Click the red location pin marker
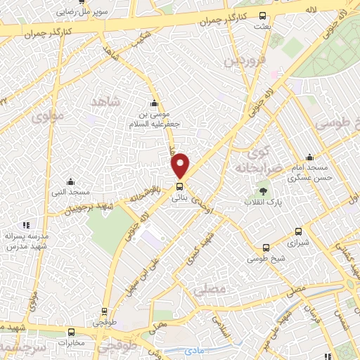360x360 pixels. tap(181, 164)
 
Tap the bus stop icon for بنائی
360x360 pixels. tap(180, 187)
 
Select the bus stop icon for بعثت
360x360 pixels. tap(262, 15)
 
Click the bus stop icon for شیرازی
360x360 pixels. tap(298, 231)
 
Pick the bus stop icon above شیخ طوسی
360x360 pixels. tap(265, 247)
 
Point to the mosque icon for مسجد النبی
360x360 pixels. tap(69, 181)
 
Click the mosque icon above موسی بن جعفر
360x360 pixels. tap(154, 104)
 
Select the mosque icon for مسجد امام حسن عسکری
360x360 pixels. tap(309, 157)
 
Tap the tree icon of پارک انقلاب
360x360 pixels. tap(264, 191)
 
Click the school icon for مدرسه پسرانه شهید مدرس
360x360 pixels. tap(26, 225)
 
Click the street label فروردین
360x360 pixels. tap(238, 59)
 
